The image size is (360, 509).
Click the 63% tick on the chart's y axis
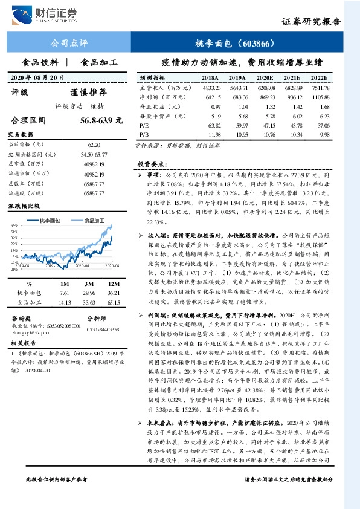(13, 224)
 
